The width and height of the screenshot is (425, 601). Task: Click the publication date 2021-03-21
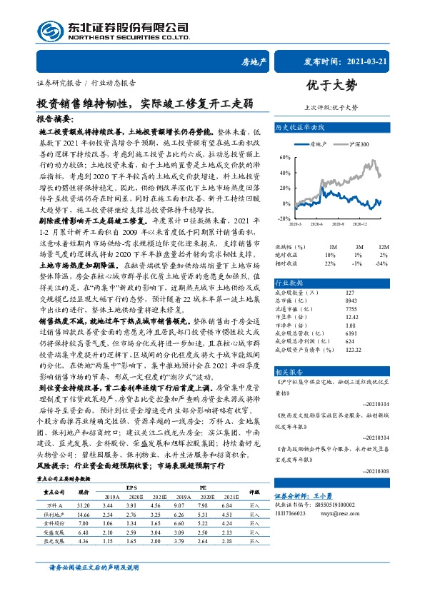click(376, 62)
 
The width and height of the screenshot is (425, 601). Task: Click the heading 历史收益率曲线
click(300, 126)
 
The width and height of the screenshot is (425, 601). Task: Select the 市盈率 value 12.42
click(350, 316)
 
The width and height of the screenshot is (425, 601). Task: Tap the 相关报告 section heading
click(290, 373)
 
